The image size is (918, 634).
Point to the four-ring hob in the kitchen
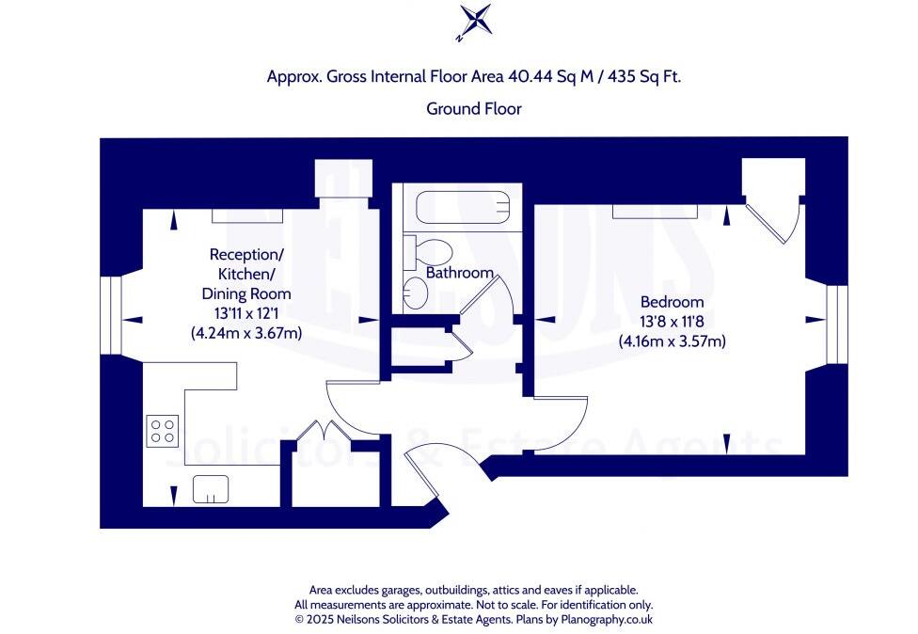tap(163, 430)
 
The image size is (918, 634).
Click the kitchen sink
tap(212, 489)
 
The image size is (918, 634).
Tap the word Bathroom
tap(460, 273)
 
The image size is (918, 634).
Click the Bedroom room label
tap(672, 302)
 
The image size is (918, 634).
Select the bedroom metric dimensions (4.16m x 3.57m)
tap(672, 341)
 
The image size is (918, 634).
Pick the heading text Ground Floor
tap(474, 109)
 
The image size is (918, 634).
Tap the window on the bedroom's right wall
tap(834, 325)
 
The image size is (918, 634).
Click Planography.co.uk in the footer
tap(603, 620)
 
